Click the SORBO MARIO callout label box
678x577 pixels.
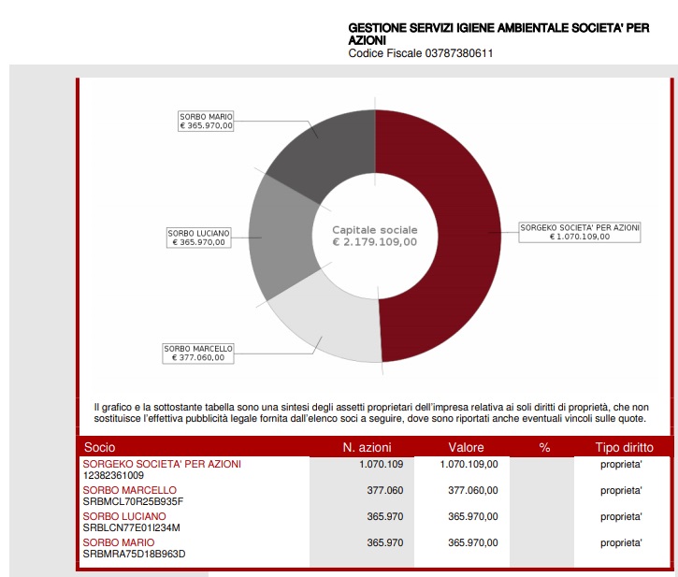[206, 121]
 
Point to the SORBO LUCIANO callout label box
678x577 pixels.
[197, 238]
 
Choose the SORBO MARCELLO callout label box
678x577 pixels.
[198, 353]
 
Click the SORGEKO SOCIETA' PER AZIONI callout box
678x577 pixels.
[580, 232]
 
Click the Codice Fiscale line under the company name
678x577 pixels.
[420, 53]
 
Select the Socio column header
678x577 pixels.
[100, 448]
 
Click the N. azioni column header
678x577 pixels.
[373, 448]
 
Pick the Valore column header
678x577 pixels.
[466, 448]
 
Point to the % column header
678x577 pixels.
[545, 448]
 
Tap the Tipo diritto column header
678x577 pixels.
[625, 448]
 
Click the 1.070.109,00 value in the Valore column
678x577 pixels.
[469, 464]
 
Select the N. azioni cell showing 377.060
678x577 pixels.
[384, 490]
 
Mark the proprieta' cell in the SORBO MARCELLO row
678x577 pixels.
[621, 490]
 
